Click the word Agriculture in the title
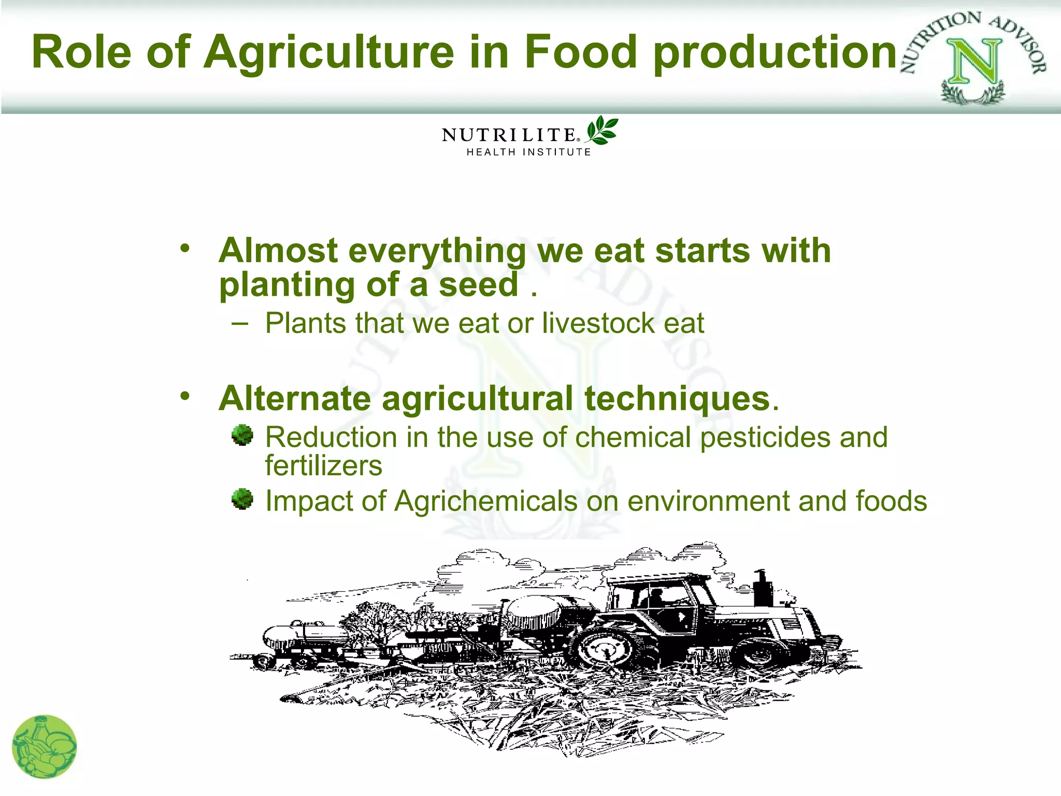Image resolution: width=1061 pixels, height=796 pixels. click(329, 52)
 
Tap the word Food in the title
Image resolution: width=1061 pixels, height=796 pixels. click(580, 51)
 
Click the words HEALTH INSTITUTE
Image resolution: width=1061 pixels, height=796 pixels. click(528, 152)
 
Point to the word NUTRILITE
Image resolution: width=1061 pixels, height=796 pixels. click(509, 135)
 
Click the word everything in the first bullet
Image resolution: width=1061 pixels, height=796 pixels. click(438, 251)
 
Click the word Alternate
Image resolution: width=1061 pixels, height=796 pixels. click(295, 399)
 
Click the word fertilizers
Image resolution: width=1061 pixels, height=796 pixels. click(324, 465)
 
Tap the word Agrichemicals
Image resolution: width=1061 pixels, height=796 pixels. click(485, 501)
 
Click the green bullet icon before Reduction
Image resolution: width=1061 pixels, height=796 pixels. click(242, 435)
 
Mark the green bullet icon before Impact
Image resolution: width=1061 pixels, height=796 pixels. click(242, 499)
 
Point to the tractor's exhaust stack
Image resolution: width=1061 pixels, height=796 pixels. click(762, 588)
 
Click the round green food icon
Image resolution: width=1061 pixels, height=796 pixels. click(45, 747)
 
